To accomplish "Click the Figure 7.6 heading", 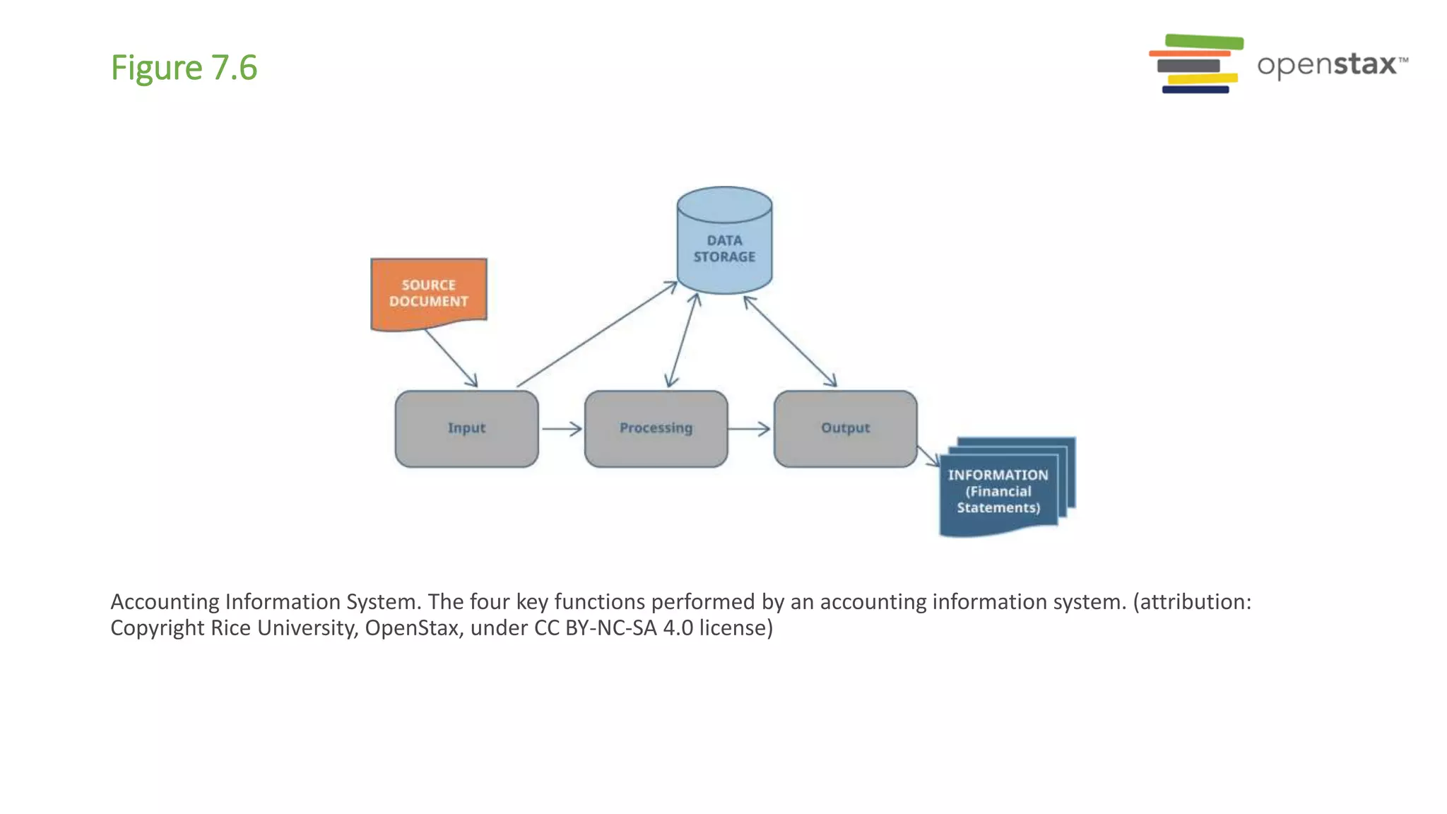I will [184, 69].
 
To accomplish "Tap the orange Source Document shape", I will [429, 293].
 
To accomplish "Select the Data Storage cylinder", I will [724, 244].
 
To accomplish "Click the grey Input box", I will [466, 428].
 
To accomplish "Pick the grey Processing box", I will [656, 428].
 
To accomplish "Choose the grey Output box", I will [845, 428].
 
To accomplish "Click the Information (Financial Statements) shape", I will [998, 490].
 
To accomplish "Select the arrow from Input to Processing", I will [562, 428].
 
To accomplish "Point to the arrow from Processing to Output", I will [749, 428].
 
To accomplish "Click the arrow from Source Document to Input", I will [451, 358].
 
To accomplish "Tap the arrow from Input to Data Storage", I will [597, 334].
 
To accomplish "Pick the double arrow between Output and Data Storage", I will [790, 341].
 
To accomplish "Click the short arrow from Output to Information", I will [928, 456].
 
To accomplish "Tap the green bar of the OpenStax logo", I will [1204, 41].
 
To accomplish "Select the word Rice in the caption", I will [230, 627].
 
